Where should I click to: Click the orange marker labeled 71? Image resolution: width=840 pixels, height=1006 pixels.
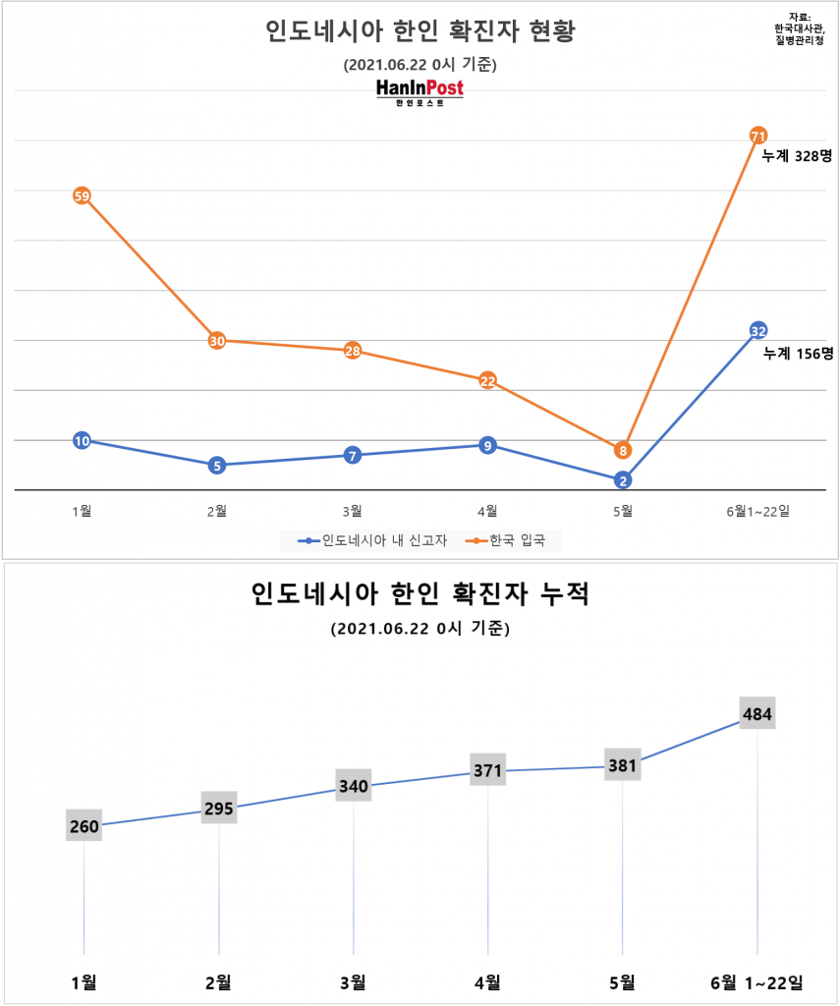pos(757,135)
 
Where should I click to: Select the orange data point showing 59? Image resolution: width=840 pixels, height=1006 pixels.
pos(83,196)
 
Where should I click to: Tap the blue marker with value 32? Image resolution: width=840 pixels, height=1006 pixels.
pos(757,330)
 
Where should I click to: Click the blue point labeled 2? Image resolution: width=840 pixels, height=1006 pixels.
pos(623,480)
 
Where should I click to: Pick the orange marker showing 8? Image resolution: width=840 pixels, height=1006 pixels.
pos(623,450)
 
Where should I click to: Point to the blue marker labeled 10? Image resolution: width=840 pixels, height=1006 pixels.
pos(83,440)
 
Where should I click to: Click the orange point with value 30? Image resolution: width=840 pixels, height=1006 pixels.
pos(217,341)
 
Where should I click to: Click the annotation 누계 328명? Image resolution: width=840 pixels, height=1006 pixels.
pos(797,155)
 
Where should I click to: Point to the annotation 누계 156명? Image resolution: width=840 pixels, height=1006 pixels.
pos(798,352)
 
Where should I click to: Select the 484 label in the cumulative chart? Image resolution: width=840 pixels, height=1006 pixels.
pos(756,713)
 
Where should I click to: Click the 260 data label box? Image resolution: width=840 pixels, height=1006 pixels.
pos(84,826)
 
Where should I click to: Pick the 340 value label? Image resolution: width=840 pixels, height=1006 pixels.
pos(353,786)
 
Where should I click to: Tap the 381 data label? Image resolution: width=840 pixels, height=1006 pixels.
pos(623,765)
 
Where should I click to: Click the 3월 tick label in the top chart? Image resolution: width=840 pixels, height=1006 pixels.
pos(352,510)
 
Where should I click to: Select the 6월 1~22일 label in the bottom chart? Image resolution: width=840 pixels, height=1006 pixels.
pos(756,981)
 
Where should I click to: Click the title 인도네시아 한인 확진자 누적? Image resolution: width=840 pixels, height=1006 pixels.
pos(420,594)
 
